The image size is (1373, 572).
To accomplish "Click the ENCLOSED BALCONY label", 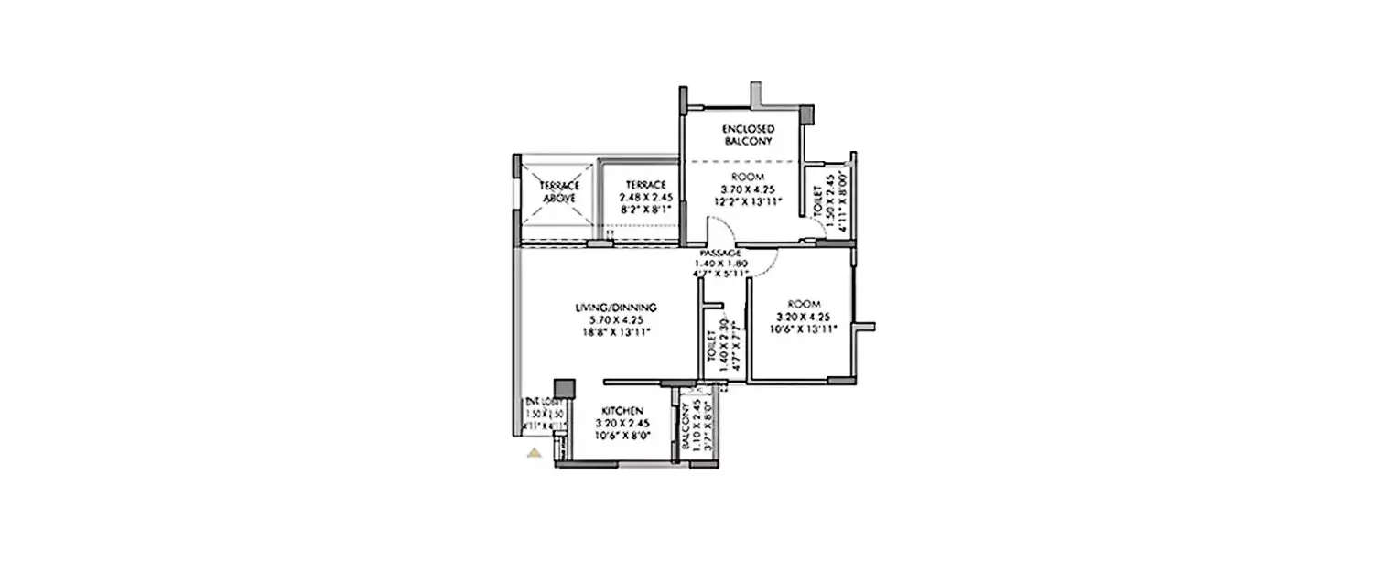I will point(749,135).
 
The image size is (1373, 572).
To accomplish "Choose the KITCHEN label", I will point(622,411).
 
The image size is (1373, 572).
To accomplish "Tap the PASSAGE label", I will point(719,252).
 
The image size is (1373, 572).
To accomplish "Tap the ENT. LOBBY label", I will point(543,402).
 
